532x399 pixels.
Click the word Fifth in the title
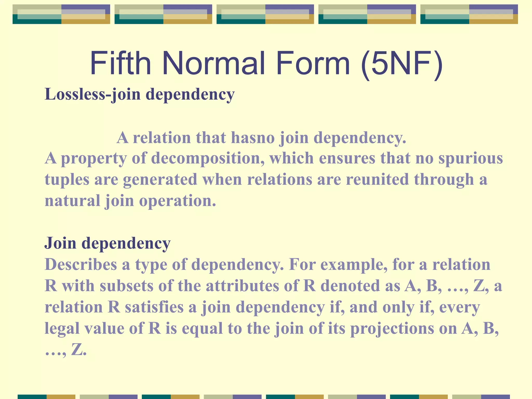click(120, 63)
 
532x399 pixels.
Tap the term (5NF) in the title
click(402, 64)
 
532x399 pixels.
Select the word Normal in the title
click(213, 63)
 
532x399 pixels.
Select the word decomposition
click(208, 158)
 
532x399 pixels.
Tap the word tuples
click(67, 180)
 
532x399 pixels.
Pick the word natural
click(72, 201)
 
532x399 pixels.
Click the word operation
click(177, 201)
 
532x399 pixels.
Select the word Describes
click(81, 264)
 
